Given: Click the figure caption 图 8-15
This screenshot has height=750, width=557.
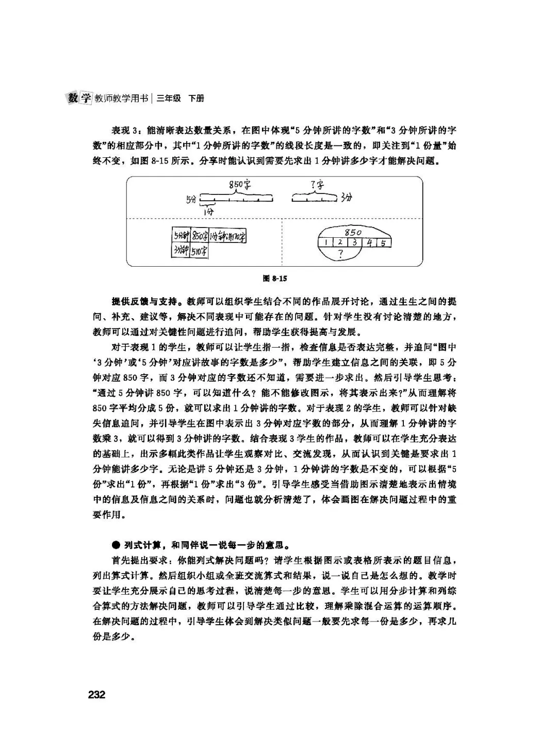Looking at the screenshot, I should (x=275, y=279).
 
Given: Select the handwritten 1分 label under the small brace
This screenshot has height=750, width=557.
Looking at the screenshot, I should (x=208, y=211).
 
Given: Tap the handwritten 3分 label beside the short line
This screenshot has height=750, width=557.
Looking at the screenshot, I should (x=346, y=198).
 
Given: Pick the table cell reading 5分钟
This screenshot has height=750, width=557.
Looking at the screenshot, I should (x=181, y=237).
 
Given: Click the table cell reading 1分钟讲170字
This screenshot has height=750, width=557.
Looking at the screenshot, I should (x=227, y=237).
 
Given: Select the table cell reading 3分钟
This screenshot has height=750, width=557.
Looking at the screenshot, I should (x=181, y=251).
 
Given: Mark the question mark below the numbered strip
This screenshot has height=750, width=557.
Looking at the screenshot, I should (x=340, y=254).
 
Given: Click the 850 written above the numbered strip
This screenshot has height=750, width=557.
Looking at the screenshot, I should (x=353, y=232).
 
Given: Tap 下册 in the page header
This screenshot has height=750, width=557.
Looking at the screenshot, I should (x=196, y=98).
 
